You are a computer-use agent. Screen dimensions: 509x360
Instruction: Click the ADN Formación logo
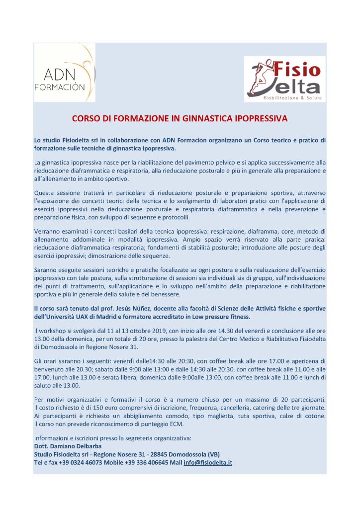[64, 73]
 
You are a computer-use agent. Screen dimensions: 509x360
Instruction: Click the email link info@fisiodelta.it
[208, 462]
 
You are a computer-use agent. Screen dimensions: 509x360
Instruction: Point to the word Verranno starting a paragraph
[47, 231]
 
